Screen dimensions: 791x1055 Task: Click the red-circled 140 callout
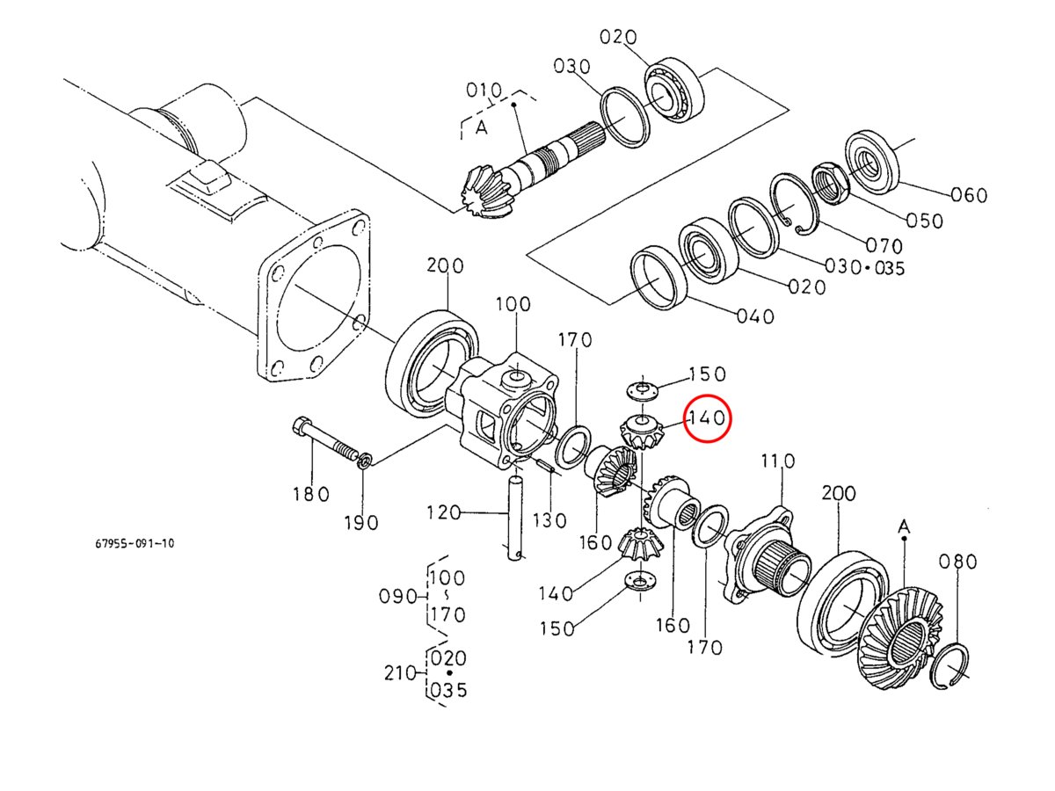coord(708,419)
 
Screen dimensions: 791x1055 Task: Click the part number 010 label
coord(484,91)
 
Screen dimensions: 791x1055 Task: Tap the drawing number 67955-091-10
coord(135,543)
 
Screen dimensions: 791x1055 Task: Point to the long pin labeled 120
coord(516,515)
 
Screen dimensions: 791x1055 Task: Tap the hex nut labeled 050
coord(829,180)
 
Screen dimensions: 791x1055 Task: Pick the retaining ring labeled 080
coord(952,665)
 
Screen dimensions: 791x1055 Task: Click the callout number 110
coord(777,461)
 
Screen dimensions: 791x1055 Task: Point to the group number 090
coord(397,596)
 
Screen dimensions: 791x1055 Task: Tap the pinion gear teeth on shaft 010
coord(484,194)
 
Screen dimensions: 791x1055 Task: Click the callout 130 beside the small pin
coord(549,520)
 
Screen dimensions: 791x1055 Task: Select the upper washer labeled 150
coord(643,388)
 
